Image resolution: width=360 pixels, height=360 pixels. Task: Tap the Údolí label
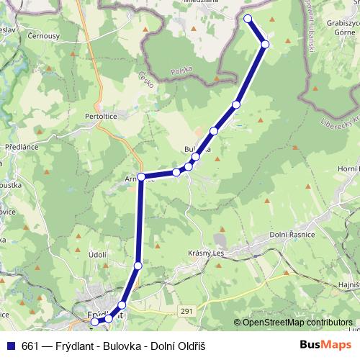tap(96, 254)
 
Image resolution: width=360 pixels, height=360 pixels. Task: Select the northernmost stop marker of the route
tap(248, 19)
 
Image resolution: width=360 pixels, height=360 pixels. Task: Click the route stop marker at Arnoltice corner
tap(141, 176)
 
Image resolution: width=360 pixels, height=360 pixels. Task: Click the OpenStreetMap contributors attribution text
tap(297, 322)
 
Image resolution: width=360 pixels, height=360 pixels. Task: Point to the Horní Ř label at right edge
tap(348, 168)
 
